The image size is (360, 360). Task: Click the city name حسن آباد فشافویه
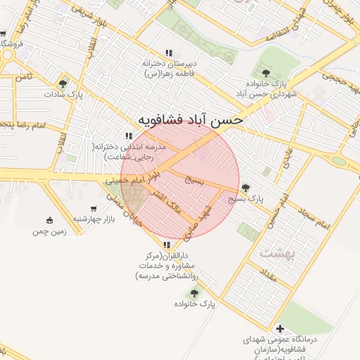[190, 120]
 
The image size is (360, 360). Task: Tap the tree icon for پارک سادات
[63, 84]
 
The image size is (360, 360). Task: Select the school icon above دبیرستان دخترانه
[169, 53]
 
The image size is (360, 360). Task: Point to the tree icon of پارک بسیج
[245, 188]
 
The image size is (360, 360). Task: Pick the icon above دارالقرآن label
[167, 245]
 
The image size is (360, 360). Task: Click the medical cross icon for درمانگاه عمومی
[280, 328]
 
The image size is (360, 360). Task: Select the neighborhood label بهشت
[274, 251]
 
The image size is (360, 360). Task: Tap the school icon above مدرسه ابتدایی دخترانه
[128, 136]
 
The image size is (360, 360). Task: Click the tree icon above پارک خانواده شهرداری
[266, 72]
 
